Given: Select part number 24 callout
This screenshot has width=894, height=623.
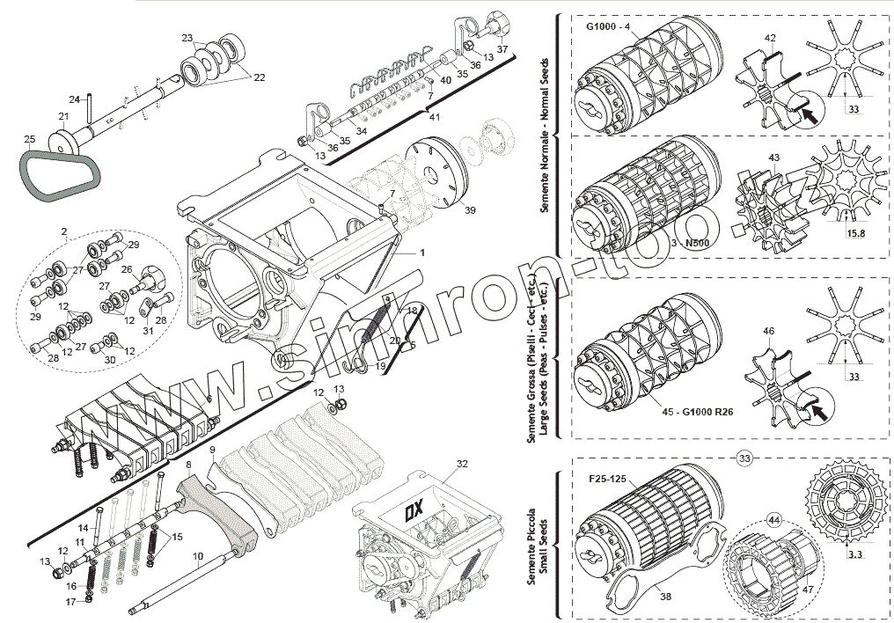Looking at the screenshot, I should (75, 99).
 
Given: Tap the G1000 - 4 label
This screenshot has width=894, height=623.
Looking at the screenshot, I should (607, 26).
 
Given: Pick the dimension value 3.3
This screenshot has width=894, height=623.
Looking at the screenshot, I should (854, 555).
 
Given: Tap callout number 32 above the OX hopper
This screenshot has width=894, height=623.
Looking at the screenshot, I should (462, 463).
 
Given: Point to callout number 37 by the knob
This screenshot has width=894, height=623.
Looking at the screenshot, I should (502, 50).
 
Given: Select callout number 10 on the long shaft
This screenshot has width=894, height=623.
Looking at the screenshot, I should (196, 555).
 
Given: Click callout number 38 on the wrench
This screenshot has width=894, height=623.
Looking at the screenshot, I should (664, 597).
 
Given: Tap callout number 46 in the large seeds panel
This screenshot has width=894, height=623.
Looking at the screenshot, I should (768, 331).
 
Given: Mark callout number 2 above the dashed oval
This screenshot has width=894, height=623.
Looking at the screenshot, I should (63, 231).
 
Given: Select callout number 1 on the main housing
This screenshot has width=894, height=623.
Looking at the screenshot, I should (421, 253).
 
